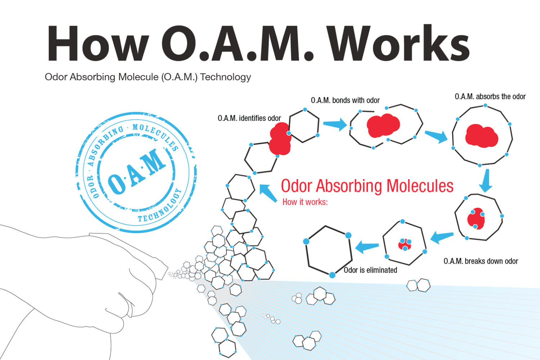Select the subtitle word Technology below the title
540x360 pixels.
[x=226, y=77]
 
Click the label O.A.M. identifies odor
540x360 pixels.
[x=249, y=118]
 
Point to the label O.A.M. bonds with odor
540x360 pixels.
[x=345, y=100]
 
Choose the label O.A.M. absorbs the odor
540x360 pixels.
[x=490, y=96]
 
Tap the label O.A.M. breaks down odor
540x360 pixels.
[x=481, y=261]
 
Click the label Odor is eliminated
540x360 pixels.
[x=370, y=270]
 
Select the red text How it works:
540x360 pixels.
[x=305, y=202]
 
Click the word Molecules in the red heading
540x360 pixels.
[x=420, y=186]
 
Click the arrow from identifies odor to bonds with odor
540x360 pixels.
[x=335, y=125]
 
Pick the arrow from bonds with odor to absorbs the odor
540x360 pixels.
[x=436, y=136]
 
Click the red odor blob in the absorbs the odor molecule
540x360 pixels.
[x=481, y=136]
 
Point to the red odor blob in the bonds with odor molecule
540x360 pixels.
[x=383, y=125]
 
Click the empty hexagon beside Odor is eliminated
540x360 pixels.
[x=328, y=251]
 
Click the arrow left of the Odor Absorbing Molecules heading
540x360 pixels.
[x=267, y=193]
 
